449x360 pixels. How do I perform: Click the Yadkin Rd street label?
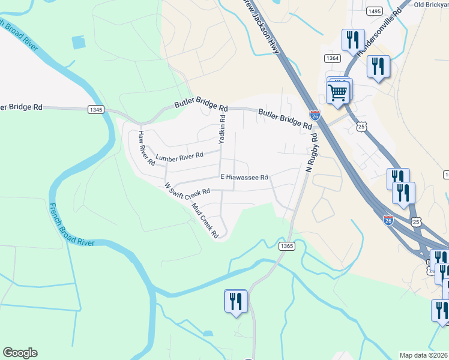coord(222,127)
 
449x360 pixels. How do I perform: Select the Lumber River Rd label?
coord(179,156)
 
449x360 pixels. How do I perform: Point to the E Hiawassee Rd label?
coord(244,177)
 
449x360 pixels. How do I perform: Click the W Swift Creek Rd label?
coord(187,188)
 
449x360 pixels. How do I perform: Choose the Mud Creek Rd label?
coord(205,221)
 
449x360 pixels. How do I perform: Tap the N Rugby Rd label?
coord(310,153)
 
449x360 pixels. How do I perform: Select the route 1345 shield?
coord(95,109)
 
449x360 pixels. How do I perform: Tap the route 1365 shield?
coord(287,245)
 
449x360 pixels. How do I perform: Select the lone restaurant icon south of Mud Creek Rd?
coord(235,301)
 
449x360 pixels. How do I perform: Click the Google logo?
coord(20,353)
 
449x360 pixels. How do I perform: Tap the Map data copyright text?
coord(424,355)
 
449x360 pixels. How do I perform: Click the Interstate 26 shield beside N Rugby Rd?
coord(315,115)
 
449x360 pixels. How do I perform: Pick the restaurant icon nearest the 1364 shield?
coord(352,40)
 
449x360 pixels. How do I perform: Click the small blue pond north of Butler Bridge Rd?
coord(79,43)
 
